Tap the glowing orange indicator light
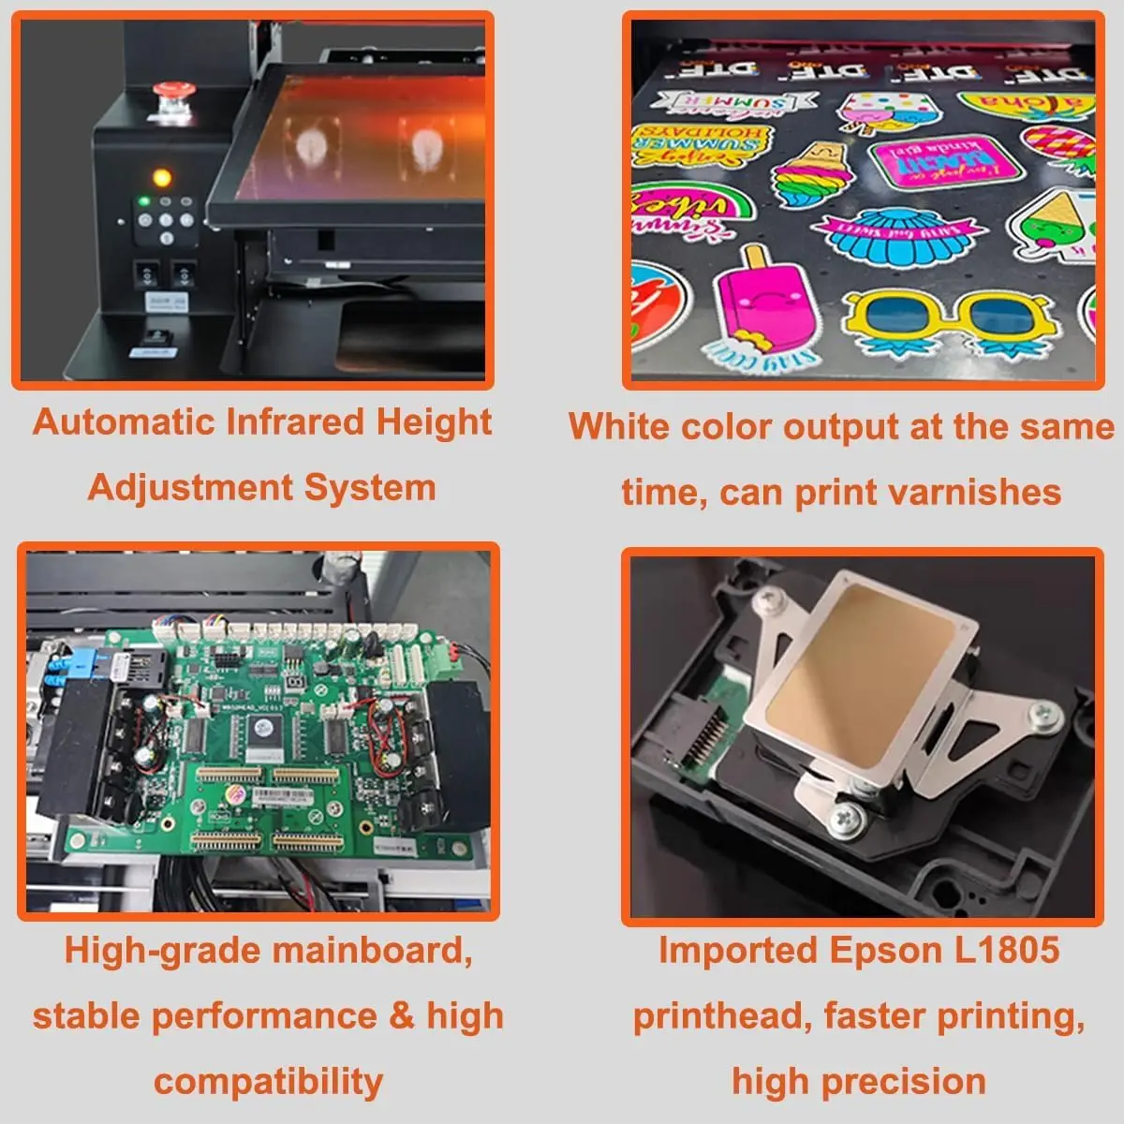[161, 177]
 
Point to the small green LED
[143, 200]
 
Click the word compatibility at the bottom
[268, 1082]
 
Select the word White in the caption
[619, 426]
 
